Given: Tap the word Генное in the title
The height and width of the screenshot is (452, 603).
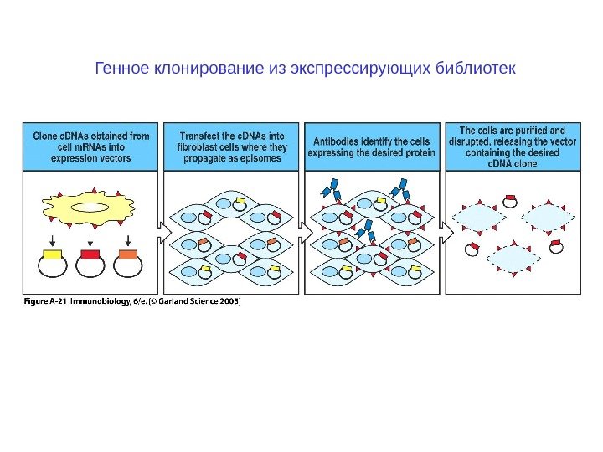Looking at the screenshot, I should pyautogui.click(x=120, y=67).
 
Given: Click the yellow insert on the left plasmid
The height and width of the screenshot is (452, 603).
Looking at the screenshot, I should pyautogui.click(x=52, y=254).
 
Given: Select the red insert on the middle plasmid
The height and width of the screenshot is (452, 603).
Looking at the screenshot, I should pyautogui.click(x=90, y=254).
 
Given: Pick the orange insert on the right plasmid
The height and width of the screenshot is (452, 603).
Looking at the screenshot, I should pyautogui.click(x=128, y=254).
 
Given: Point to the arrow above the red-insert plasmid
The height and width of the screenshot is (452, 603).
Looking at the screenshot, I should pyautogui.click(x=90, y=237).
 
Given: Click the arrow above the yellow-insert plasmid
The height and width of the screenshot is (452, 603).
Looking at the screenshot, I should pyautogui.click(x=52, y=237).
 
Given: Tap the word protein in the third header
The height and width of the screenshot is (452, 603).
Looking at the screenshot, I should pyautogui.click(x=416, y=153).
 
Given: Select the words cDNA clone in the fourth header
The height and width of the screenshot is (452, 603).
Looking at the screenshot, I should pyautogui.click(x=513, y=164).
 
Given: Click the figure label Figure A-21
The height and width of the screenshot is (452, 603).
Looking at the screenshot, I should pyautogui.click(x=44, y=303).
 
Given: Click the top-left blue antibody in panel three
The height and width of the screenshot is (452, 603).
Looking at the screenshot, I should pyautogui.click(x=332, y=185).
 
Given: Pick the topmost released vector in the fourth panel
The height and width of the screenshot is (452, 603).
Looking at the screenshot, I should pyautogui.click(x=509, y=201).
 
